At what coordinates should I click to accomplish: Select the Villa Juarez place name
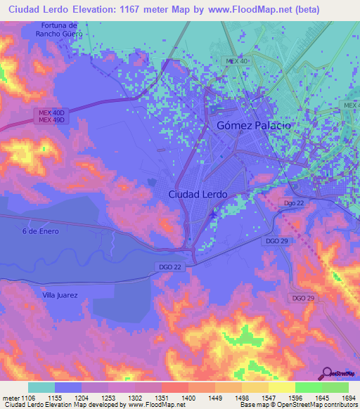[x=59, y=296]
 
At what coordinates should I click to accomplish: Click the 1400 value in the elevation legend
[x=188, y=397]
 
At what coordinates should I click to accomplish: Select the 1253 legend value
[x=109, y=397]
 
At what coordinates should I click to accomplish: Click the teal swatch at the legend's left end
[x=41, y=387]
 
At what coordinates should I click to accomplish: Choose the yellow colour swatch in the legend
[x=281, y=387]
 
